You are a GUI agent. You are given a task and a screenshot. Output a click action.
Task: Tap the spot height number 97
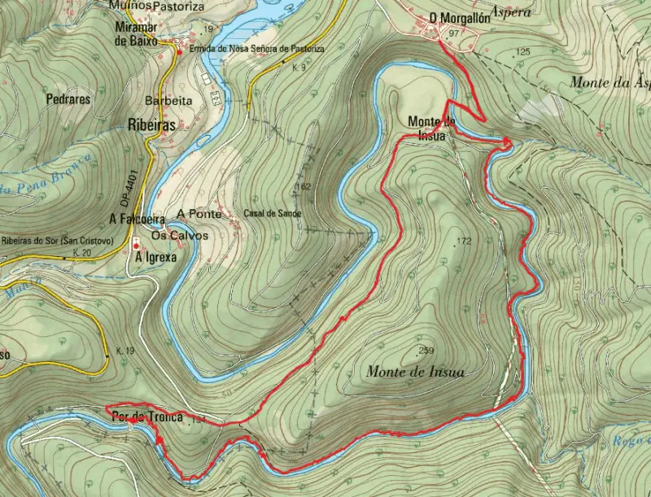pos(454,33)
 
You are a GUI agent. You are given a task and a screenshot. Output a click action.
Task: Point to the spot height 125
pos(522,52)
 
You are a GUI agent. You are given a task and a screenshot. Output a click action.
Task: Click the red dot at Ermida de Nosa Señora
pos(180,51)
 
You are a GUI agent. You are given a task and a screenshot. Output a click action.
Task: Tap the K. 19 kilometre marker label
pos(125,350)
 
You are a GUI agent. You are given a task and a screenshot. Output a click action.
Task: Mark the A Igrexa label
pos(156,257)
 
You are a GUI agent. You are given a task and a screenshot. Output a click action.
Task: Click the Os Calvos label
pos(186,236)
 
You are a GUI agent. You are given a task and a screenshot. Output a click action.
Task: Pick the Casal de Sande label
pos(272,213)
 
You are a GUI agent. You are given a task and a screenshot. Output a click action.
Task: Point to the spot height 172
pos(464,241)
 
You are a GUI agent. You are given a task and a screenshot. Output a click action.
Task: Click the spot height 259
pos(425,351)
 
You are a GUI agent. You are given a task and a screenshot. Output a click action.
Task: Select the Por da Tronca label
pos(142,418)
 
